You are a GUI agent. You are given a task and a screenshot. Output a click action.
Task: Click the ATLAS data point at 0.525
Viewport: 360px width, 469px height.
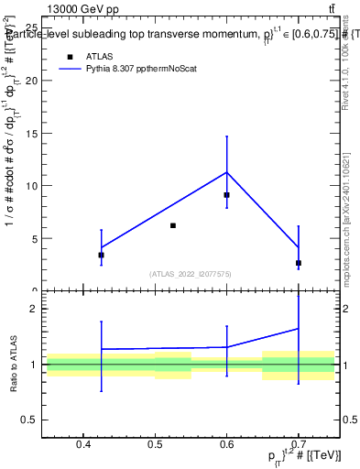[172, 225]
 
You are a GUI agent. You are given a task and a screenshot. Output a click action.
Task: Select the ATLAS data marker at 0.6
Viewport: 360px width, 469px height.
[226, 195]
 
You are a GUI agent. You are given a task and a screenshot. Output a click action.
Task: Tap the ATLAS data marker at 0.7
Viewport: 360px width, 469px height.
[299, 263]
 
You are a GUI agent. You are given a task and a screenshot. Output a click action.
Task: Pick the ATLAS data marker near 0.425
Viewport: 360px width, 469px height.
[101, 255]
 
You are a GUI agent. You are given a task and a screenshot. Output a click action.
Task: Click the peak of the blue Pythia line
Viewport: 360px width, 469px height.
[226, 172]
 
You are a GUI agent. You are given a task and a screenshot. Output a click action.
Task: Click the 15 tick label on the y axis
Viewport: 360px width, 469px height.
[31, 133]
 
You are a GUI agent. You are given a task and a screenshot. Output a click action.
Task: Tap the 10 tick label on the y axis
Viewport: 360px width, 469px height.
[31, 185]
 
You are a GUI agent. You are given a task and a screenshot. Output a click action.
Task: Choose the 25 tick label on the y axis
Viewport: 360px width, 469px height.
[31, 27]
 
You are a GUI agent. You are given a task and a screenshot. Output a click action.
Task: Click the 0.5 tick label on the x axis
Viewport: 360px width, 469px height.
[155, 445]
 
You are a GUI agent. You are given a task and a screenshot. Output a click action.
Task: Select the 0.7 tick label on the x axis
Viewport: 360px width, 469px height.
[299, 445]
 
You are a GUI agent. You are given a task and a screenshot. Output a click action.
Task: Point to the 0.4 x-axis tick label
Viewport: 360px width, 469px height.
[83, 445]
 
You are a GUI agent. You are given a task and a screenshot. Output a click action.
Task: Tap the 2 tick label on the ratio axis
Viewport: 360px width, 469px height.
[34, 309]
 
